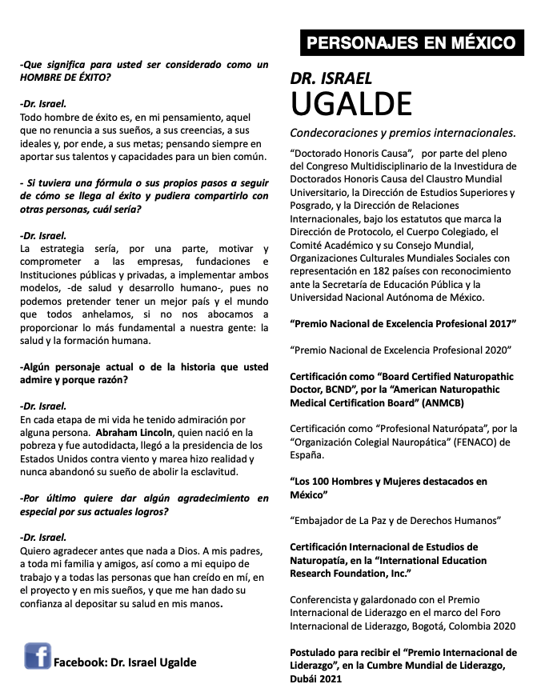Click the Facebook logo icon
pos(38,656)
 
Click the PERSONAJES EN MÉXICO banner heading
pos(411,42)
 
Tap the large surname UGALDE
pos(351,103)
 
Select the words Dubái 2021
pos(316,678)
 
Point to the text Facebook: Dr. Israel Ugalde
pos(124,662)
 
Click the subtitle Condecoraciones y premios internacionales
pos(403,132)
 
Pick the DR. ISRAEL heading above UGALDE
pos(332,78)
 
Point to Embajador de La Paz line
pos(395,520)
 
